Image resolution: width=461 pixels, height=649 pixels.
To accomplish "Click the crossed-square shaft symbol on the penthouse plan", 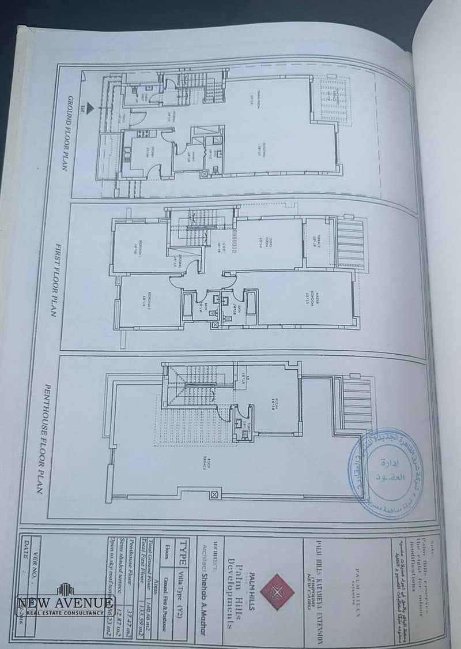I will (x=215, y=494).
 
